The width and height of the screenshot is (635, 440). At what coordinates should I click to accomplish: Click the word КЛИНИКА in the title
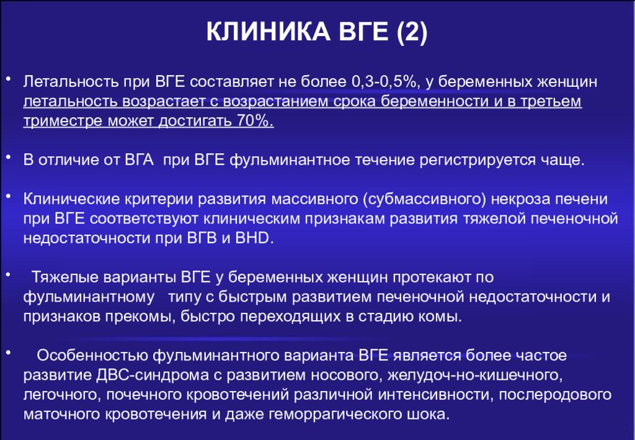(x=268, y=31)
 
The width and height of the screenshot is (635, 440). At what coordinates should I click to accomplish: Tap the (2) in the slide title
(x=412, y=32)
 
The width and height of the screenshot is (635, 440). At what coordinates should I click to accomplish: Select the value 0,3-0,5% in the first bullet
(x=384, y=81)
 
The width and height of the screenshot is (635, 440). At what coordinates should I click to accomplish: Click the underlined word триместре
(x=63, y=121)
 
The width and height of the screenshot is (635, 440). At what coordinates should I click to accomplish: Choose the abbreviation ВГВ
(x=202, y=238)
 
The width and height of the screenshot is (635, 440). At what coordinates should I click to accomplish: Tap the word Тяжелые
(x=64, y=277)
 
